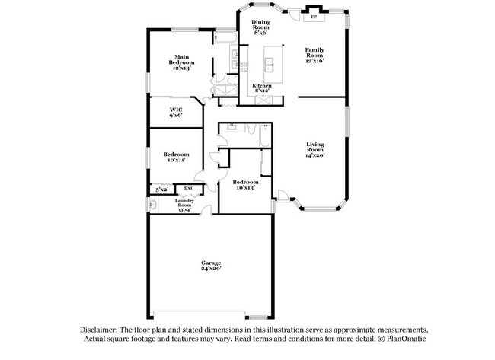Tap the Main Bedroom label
coord(181,62)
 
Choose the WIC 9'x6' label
coord(175,112)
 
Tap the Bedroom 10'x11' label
coord(175,158)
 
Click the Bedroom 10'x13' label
coord(245,185)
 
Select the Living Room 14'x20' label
coord(315,148)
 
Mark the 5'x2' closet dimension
coord(161,189)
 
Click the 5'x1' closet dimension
coord(188,187)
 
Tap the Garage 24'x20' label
coord(210,265)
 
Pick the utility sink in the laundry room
coord(153,204)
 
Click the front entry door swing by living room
coord(282,196)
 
